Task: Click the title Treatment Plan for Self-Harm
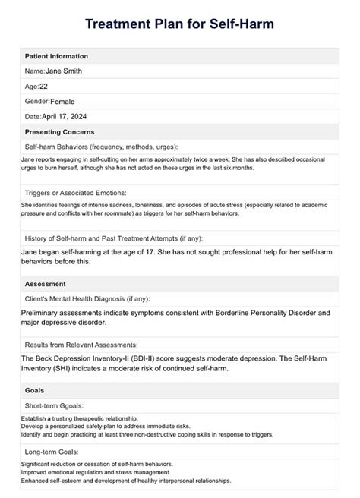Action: click(x=179, y=24)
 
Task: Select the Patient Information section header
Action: click(x=56, y=56)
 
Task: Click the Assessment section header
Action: click(x=46, y=283)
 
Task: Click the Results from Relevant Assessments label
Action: click(x=92, y=344)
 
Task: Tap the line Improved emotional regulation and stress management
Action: click(x=99, y=473)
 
